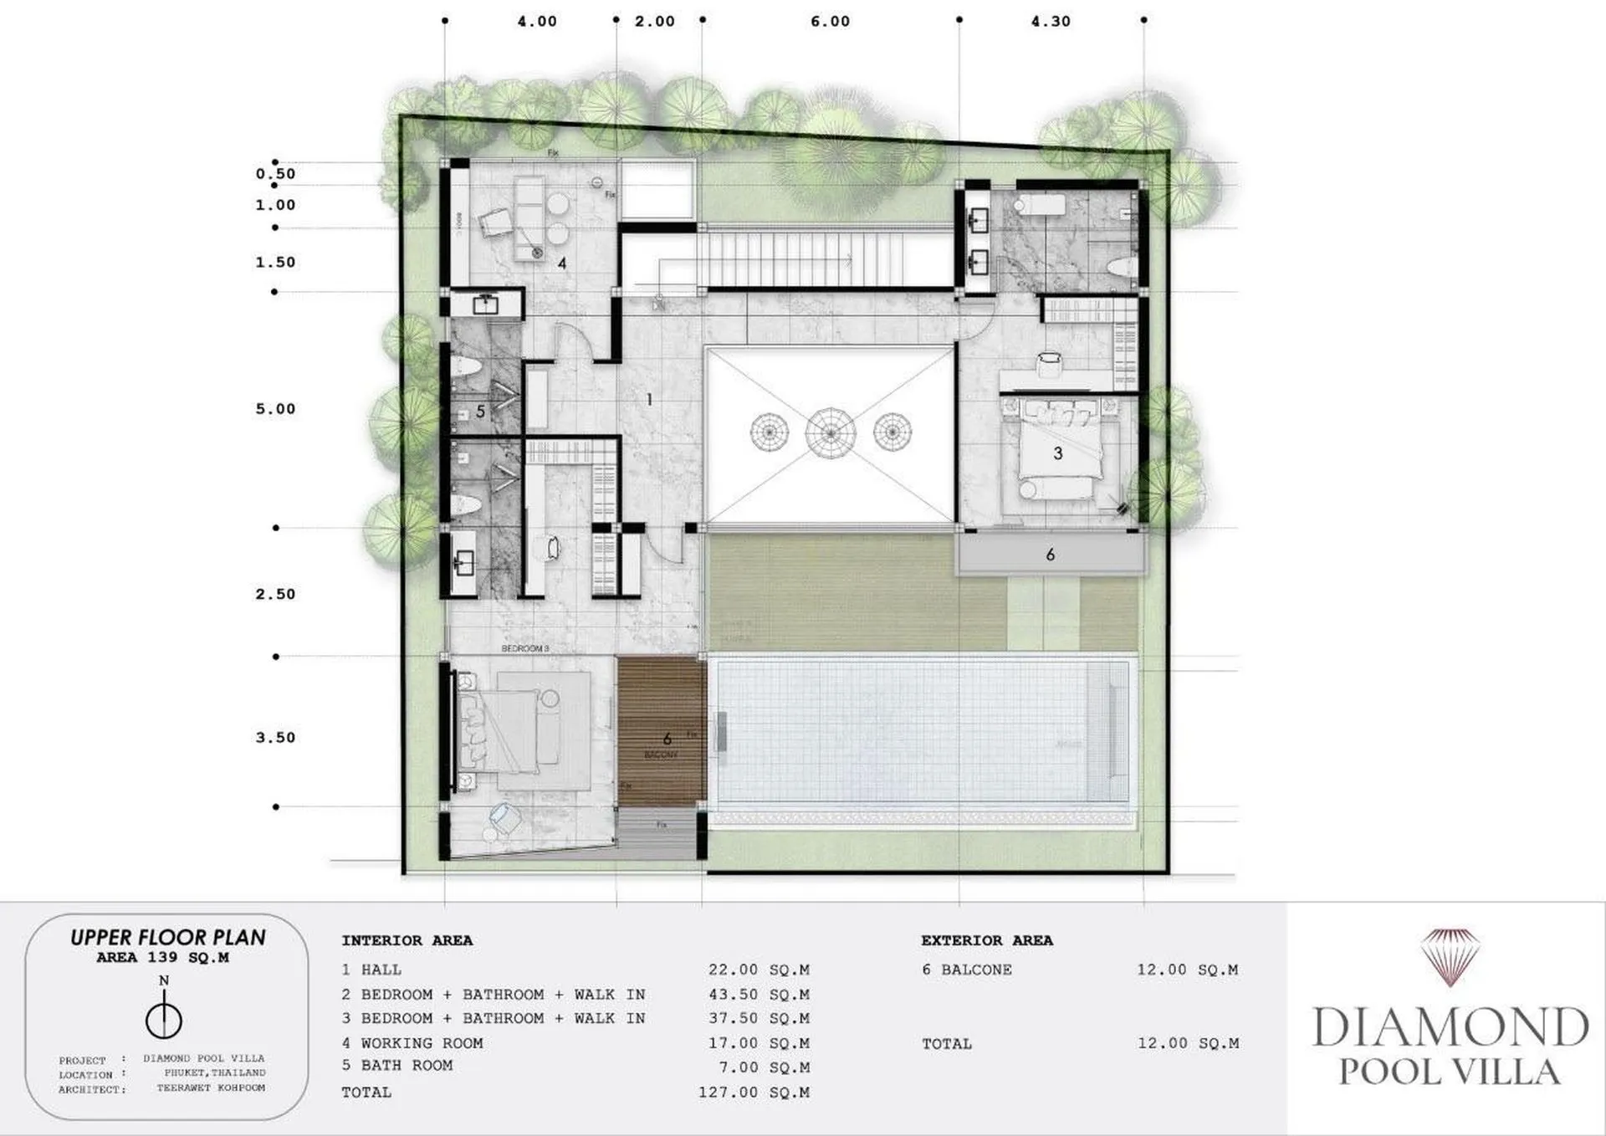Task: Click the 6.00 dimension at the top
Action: (x=830, y=22)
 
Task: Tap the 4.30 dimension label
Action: (x=1051, y=22)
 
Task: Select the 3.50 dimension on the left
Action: (x=276, y=738)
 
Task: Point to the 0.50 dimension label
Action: (x=276, y=174)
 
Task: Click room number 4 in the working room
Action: (x=562, y=264)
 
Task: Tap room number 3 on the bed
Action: (x=1057, y=453)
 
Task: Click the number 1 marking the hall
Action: (x=649, y=400)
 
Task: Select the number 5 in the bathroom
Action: (x=481, y=412)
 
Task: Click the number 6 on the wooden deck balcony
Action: (x=667, y=739)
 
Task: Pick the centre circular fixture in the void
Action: (x=830, y=433)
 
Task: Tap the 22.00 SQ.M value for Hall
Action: (x=759, y=970)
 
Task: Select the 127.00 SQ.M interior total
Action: (x=754, y=1093)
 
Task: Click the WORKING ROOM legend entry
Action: (x=422, y=1043)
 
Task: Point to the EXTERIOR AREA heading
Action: (x=987, y=940)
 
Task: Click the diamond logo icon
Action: (x=1450, y=956)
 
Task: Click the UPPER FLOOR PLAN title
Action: (x=167, y=938)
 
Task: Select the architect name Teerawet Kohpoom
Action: (x=211, y=1088)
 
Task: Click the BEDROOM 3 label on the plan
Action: (x=525, y=648)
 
